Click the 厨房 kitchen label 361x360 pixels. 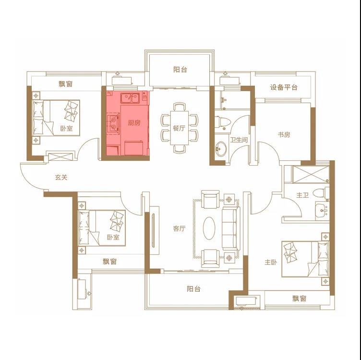coord(134,123)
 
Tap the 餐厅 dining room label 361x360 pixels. coord(179,128)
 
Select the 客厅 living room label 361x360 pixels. coord(179,228)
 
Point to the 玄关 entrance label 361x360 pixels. coord(61,178)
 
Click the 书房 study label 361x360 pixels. coord(284,134)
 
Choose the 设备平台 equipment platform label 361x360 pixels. coord(284,87)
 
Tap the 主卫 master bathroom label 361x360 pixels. coord(302,195)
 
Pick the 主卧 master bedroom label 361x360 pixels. coord(271,262)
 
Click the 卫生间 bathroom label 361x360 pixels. coord(239,140)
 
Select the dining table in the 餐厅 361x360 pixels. coord(180,128)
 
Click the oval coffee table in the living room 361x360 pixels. coord(209,228)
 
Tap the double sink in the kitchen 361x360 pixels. coord(130,98)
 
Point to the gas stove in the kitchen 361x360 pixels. coord(113,123)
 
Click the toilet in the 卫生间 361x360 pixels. coord(223,122)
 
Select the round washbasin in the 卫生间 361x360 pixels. coord(221,149)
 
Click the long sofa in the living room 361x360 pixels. coord(231,228)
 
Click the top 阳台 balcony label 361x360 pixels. coord(180,70)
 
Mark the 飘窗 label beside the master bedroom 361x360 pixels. coord(299,299)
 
